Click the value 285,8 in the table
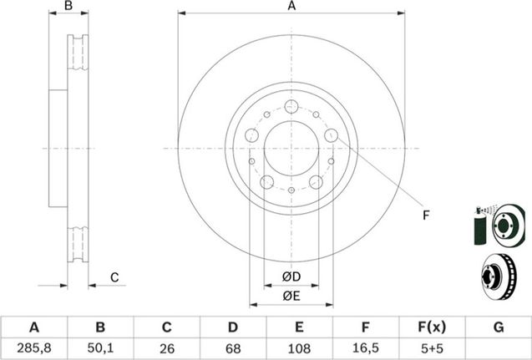(33, 348)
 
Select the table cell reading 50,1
(100, 348)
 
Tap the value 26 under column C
(166, 348)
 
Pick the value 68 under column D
(233, 348)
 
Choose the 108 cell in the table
(299, 348)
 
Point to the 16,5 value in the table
(365, 348)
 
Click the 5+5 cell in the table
(431, 348)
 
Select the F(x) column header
(431, 327)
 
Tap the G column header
(499, 327)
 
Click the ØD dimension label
(291, 276)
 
